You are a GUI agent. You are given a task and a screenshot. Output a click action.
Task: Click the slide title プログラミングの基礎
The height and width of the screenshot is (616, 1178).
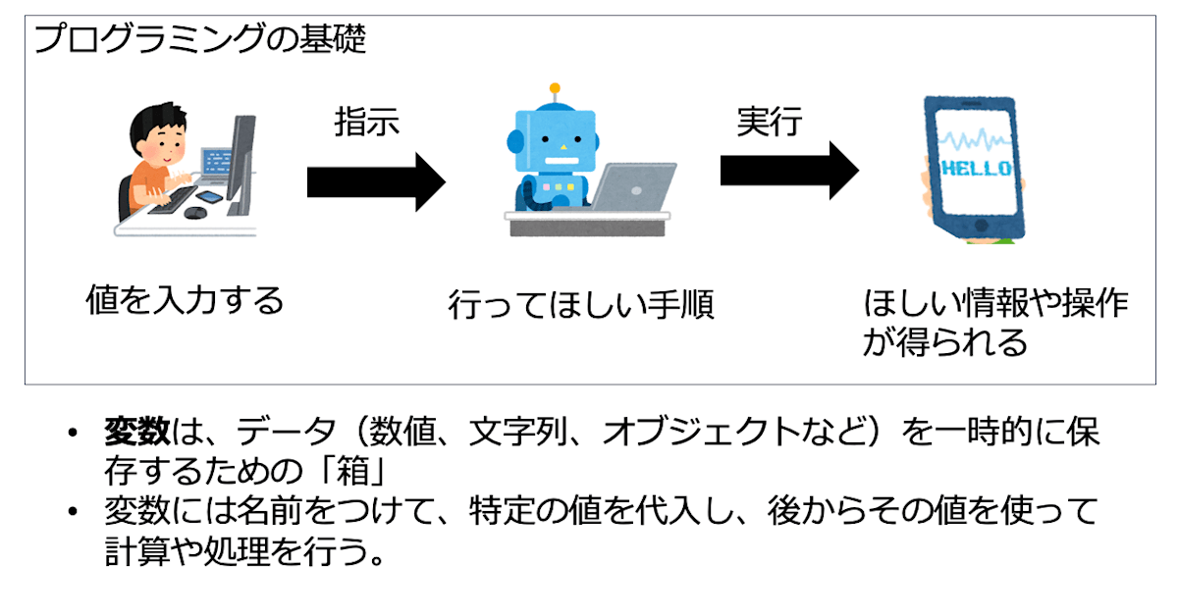click(x=199, y=40)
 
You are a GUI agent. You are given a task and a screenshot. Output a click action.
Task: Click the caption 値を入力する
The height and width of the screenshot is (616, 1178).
click(x=185, y=298)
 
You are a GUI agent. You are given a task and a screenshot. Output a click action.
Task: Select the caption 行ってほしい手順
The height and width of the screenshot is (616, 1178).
click(x=580, y=305)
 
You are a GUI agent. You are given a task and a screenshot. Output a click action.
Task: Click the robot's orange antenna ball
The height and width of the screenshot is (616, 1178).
click(x=556, y=88)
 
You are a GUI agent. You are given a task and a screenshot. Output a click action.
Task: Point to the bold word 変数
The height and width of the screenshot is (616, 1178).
click(x=137, y=433)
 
